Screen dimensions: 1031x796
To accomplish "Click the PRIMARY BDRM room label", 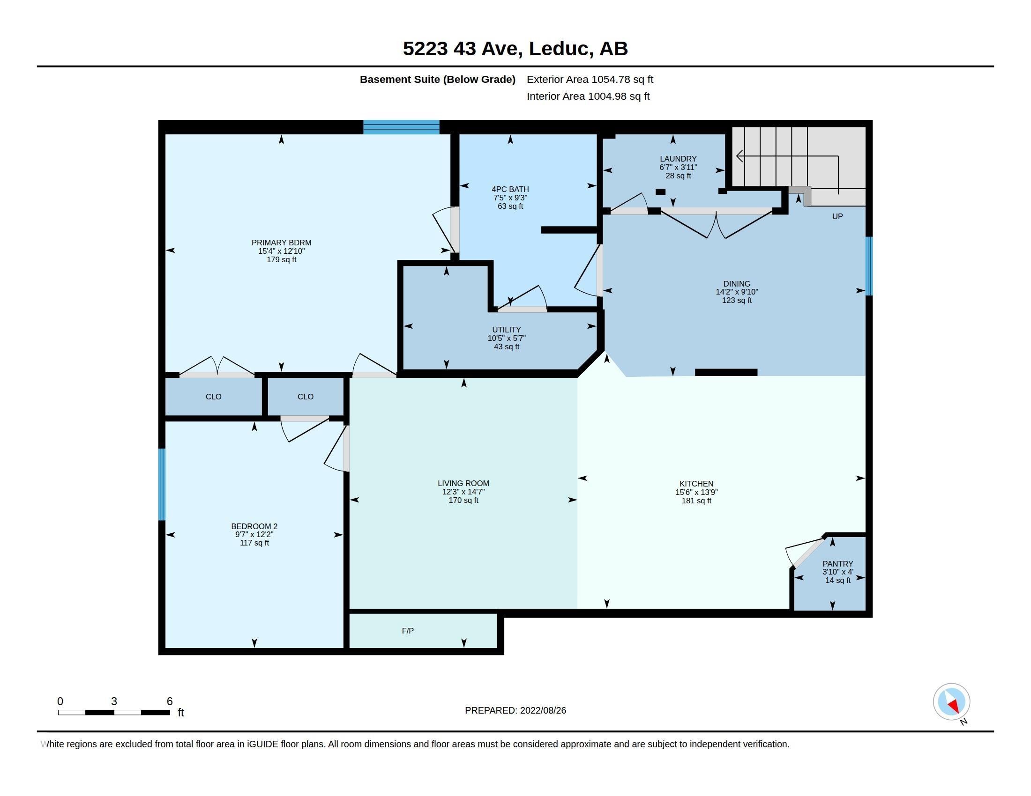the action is click(281, 243).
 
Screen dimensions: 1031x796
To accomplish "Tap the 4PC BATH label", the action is click(510, 189).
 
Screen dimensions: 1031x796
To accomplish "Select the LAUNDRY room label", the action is click(679, 159).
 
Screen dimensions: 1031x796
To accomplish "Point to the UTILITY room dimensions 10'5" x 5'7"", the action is click(507, 338).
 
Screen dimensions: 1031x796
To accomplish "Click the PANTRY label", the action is click(838, 563).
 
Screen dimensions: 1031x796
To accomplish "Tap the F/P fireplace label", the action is click(408, 631).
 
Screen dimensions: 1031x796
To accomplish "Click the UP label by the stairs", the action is click(837, 216).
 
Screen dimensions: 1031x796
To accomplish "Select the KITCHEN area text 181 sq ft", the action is click(696, 501).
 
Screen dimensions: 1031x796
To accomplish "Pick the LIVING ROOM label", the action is click(463, 483).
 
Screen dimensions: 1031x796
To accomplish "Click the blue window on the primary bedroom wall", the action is click(401, 127).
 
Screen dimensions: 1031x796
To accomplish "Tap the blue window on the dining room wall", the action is click(869, 266).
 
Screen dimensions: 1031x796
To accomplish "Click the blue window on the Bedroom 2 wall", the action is click(162, 484).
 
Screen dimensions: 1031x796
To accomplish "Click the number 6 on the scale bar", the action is click(170, 701).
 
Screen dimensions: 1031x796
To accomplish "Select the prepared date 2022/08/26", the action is click(543, 710).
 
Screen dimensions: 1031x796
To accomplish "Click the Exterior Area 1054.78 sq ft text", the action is click(590, 79).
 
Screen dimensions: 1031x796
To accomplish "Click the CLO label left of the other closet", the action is click(213, 397).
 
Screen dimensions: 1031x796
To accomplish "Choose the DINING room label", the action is click(737, 284).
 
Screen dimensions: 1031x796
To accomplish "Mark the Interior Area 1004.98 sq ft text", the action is click(588, 96).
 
